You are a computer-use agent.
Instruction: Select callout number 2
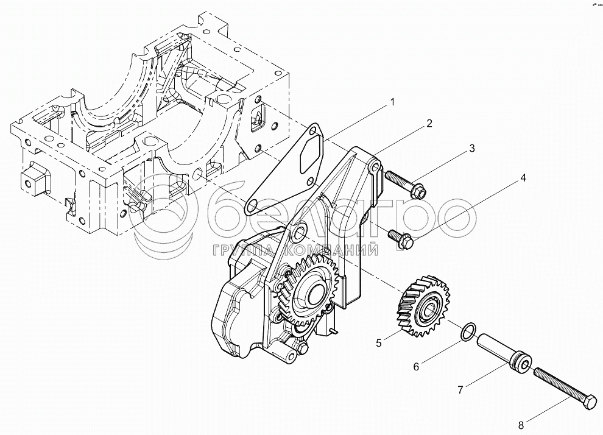[429, 123]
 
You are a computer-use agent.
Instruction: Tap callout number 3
[472, 149]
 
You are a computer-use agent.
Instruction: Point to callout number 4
[523, 178]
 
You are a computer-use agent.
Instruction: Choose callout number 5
[379, 342]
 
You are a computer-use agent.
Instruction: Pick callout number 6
[416, 367]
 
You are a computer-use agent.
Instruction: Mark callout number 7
[460, 390]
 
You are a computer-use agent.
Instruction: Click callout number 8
[521, 425]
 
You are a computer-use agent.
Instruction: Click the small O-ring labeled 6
[468, 332]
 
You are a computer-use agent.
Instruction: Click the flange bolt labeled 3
[405, 184]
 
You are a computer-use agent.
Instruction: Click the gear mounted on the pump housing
[308, 291]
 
